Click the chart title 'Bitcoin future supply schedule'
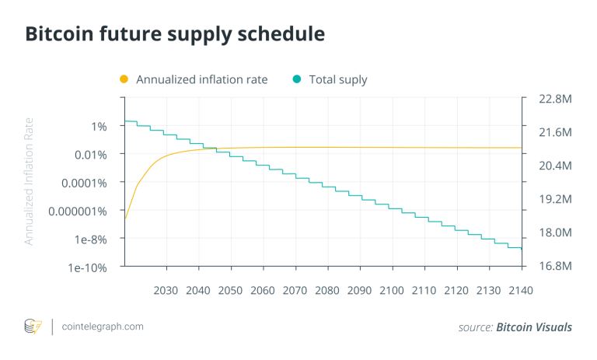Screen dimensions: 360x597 [175, 34]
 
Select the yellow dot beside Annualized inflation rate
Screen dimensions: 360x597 [124, 79]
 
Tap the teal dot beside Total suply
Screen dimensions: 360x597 [296, 79]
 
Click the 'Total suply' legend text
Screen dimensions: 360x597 [338, 79]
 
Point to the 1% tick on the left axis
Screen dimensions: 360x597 [99, 126]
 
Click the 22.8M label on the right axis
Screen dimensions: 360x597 [555, 100]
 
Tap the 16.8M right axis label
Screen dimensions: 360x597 [555, 266]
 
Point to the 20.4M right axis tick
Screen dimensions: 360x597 [555, 166]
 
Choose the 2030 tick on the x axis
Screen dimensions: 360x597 [166, 290]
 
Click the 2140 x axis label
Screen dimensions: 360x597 [520, 290]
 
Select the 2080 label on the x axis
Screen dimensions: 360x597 [326, 290]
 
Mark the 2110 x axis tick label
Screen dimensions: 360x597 [424, 290]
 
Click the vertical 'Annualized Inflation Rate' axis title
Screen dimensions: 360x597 [29, 180]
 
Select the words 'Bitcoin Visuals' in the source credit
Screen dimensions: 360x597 [534, 327]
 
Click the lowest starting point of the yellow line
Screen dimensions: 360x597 [126, 218]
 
